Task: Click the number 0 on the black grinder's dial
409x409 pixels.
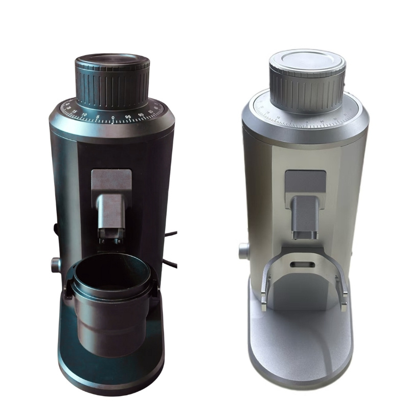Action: pyautogui.click(x=113, y=117)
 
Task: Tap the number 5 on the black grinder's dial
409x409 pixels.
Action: pyautogui.click(x=98, y=117)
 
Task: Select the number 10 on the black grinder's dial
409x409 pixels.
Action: pyautogui.click(x=84, y=115)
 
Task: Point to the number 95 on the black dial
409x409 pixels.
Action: pyautogui.click(x=128, y=117)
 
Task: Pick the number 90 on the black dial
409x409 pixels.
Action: pyautogui.click(x=141, y=115)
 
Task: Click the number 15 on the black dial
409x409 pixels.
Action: pyautogui.click(x=75, y=111)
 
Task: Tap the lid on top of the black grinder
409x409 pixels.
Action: pyautogui.click(x=112, y=61)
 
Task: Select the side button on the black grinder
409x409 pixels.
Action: pyautogui.click(x=55, y=265)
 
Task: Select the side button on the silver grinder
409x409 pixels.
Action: pyautogui.click(x=244, y=251)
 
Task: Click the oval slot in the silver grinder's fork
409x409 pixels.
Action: pyautogui.click(x=302, y=265)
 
